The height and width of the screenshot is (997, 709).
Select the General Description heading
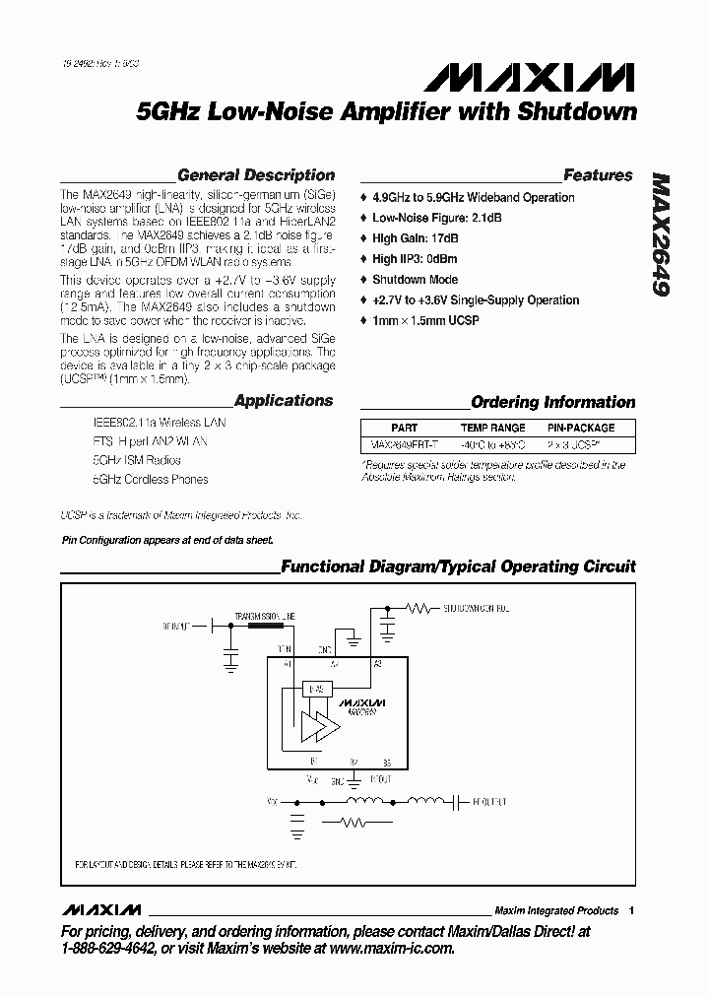pos(256,175)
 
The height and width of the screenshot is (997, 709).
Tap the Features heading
pos(598,175)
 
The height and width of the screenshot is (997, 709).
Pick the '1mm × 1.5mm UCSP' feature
pos(425,321)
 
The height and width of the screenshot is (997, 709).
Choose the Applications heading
pos(284,401)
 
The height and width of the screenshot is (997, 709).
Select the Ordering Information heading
pos(553,402)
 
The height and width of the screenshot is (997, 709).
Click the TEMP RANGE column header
pos(493,428)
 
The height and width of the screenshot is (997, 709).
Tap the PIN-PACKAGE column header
pos(581,428)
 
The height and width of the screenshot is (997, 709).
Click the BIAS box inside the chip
pos(314,689)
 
